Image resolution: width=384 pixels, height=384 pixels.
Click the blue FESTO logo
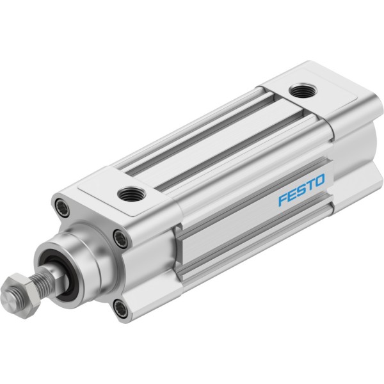301,190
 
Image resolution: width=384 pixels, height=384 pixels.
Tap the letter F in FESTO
284,199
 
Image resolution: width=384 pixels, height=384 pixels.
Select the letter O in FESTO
319,180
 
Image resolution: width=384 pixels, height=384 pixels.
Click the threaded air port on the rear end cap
303,91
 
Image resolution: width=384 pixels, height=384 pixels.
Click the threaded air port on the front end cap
131,193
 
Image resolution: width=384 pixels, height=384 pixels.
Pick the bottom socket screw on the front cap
120,308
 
